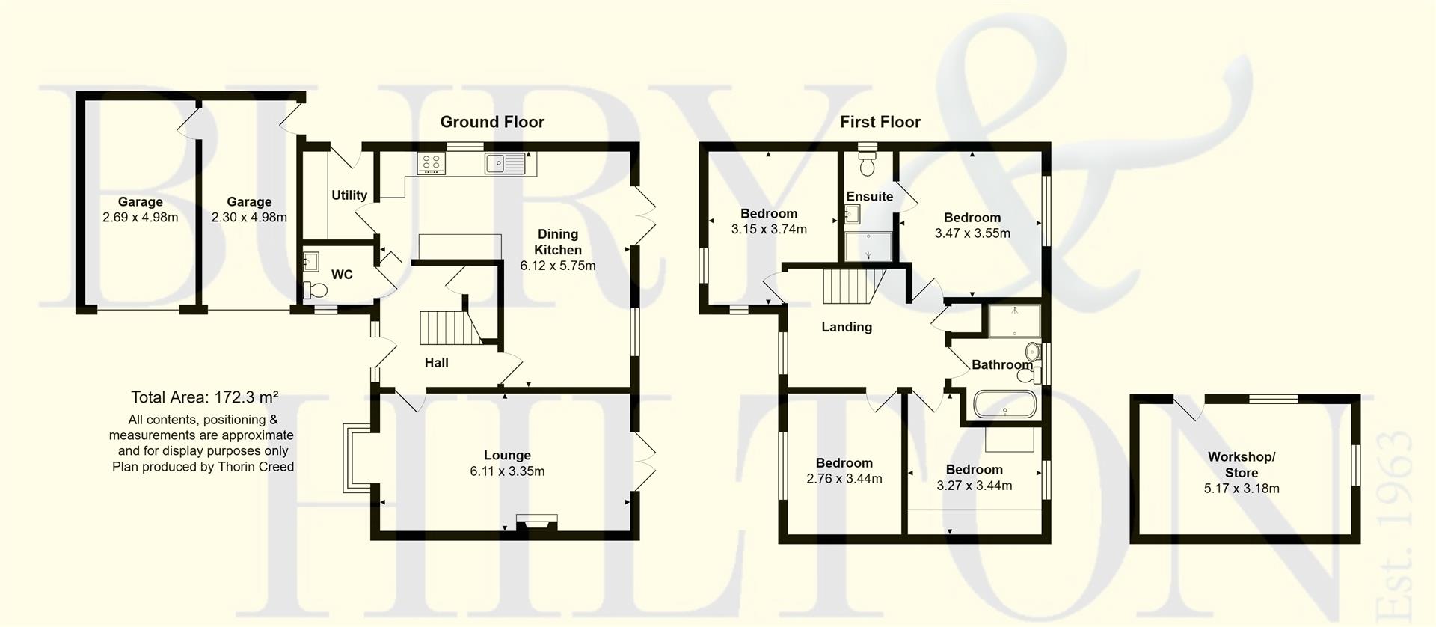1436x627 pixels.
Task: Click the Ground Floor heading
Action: click(491, 122)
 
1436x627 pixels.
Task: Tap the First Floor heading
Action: click(880, 122)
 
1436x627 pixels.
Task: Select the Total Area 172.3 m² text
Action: click(204, 397)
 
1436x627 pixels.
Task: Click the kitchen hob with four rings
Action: click(432, 163)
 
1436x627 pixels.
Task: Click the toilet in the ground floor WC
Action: click(316, 290)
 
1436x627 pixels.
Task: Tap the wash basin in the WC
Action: click(311, 263)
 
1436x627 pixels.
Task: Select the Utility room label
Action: click(349, 195)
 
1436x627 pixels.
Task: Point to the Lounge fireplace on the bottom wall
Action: click(536, 522)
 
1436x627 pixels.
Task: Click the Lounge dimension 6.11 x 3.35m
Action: click(507, 471)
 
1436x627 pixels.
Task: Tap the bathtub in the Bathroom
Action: click(1004, 405)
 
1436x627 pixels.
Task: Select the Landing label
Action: click(846, 327)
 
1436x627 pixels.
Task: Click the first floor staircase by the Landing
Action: click(851, 287)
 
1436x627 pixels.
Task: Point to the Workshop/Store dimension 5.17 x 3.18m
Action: click(1241, 489)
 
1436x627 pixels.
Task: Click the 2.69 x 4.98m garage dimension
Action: click(140, 218)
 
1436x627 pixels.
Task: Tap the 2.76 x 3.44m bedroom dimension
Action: click(844, 479)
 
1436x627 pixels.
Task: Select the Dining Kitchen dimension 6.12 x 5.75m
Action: click(557, 266)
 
